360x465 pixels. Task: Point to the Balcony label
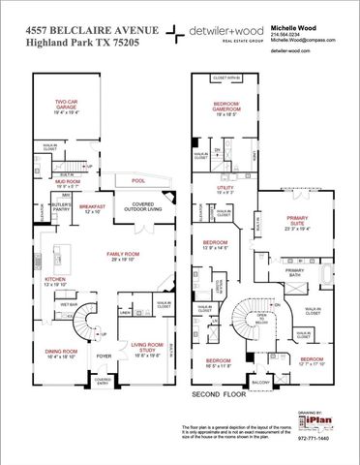260,384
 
